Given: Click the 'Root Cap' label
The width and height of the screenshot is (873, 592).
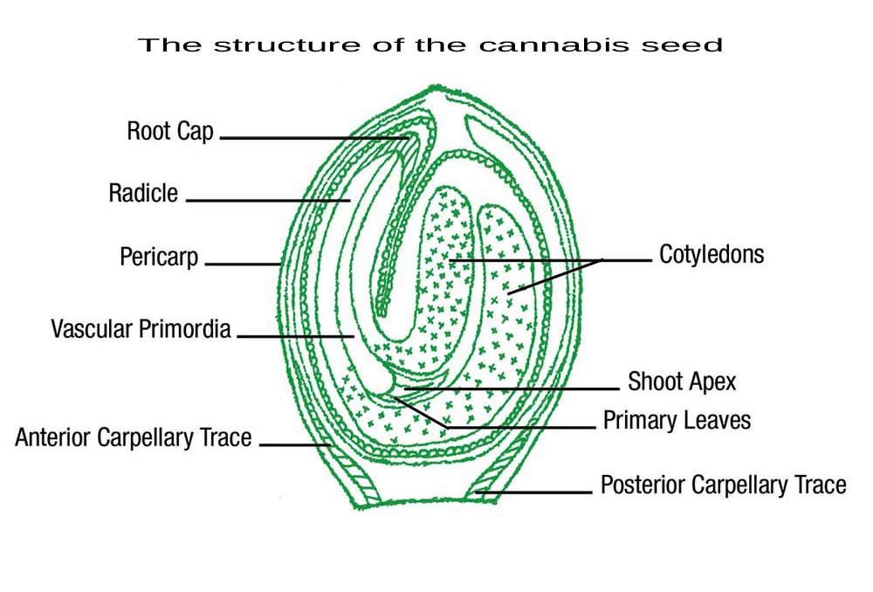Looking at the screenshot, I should (170, 133).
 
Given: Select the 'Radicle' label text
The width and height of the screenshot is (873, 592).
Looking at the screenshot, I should (143, 193).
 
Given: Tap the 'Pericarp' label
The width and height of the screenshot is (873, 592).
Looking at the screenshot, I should (159, 258).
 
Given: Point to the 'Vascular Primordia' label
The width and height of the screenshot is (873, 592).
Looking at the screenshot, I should (141, 329).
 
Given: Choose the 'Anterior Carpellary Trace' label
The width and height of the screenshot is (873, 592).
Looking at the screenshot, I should (133, 437).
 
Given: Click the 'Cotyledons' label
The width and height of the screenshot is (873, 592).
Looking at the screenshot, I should (711, 255).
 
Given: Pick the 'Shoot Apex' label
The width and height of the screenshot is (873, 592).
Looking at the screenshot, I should (682, 382).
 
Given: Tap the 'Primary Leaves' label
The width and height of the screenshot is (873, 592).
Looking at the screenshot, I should (677, 420).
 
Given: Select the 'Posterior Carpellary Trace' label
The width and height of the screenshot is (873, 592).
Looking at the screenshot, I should (723, 485).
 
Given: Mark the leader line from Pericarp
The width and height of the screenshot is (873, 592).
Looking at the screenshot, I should (242, 264).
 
